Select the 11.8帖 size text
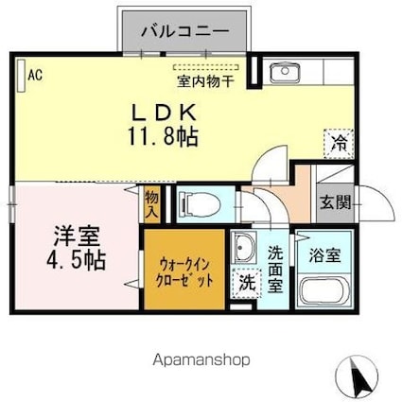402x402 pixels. point(164,137)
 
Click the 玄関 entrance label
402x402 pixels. point(335,201)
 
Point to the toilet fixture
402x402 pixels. point(195,201)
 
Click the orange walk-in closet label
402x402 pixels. point(184,271)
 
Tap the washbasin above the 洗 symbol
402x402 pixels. point(244,249)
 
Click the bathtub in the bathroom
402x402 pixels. point(324,289)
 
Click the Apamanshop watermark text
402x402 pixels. point(201,360)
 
